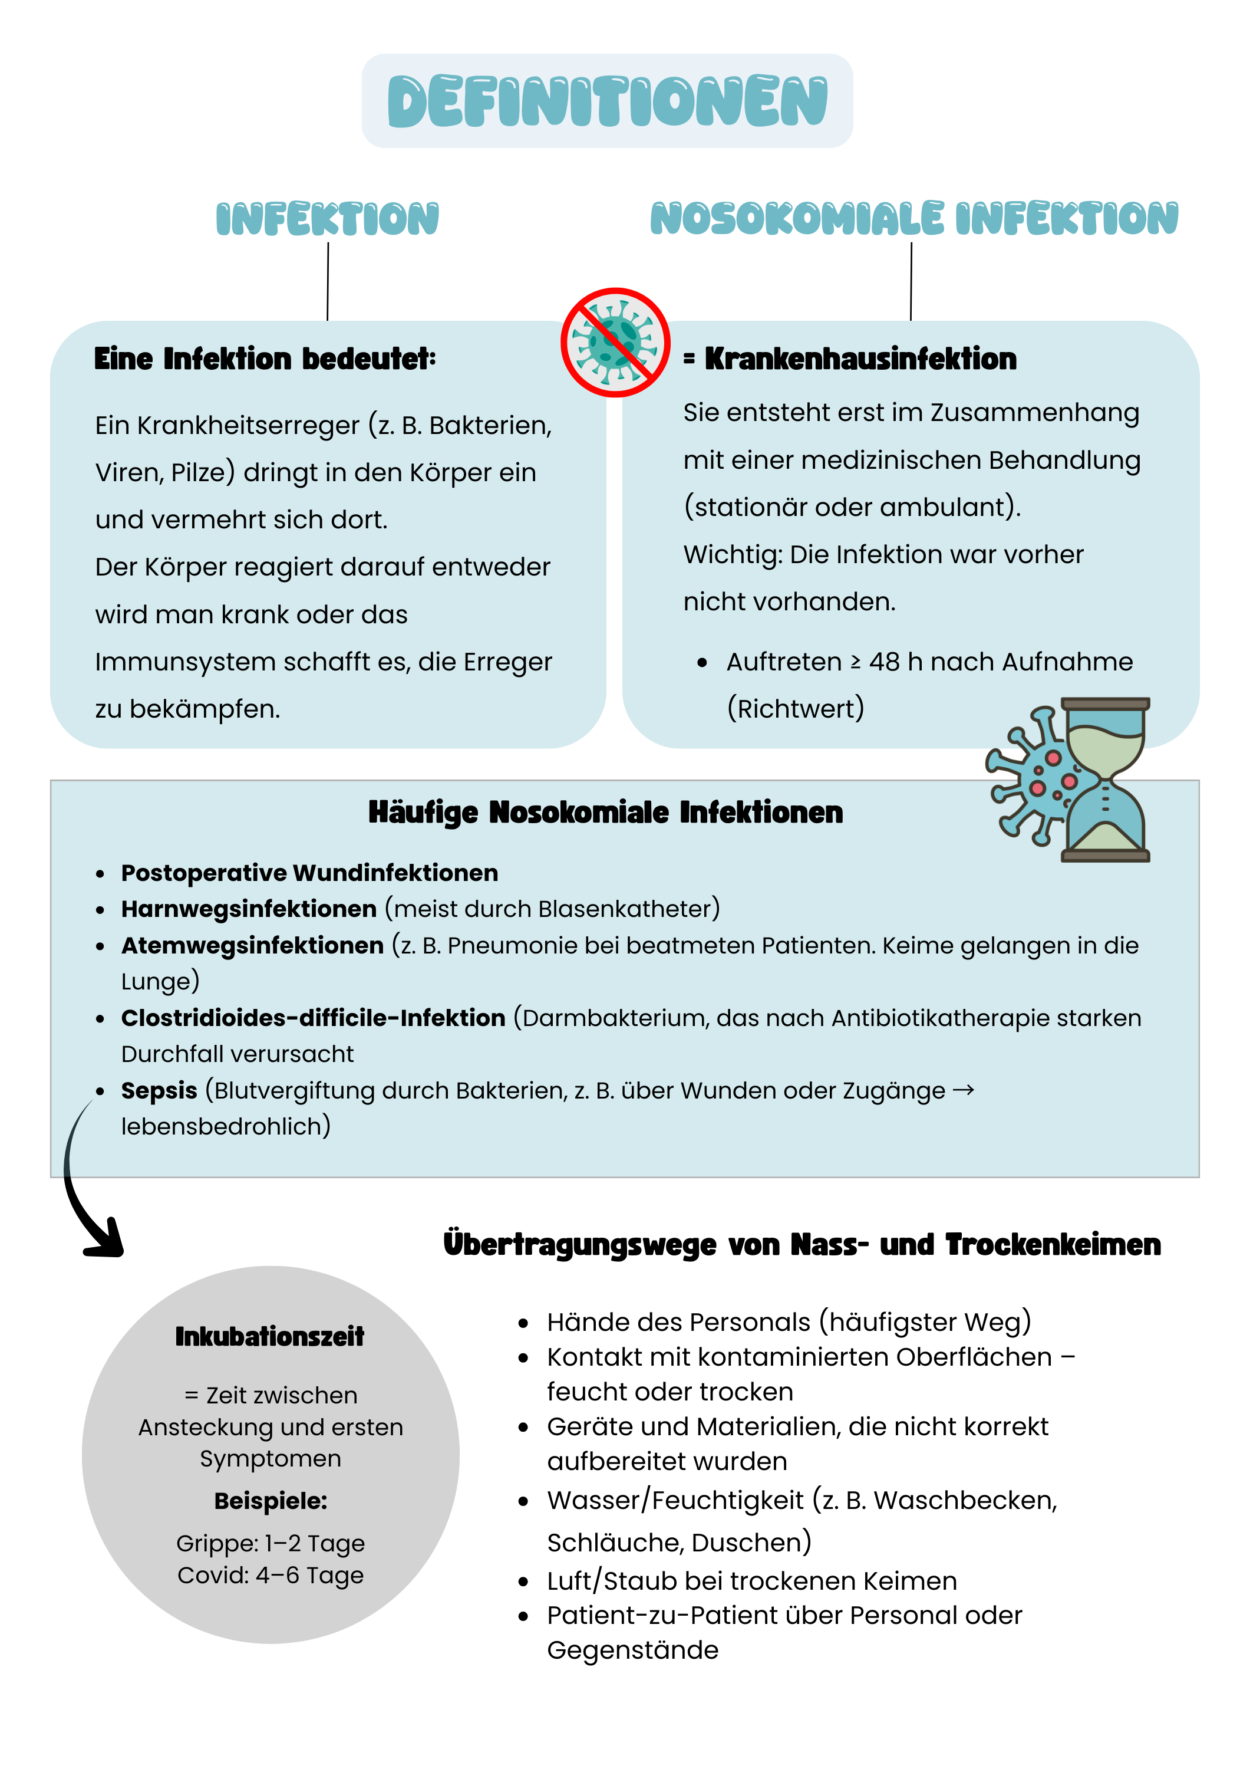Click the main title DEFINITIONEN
point(607,101)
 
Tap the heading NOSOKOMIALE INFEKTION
point(913,218)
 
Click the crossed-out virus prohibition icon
point(615,343)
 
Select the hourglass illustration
point(1105,780)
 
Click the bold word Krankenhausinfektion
point(860,359)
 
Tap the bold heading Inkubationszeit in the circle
point(269,1337)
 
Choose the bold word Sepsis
point(159,1090)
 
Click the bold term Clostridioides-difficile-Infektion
point(313,1018)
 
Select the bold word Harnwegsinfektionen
point(249,909)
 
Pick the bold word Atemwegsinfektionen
point(252,945)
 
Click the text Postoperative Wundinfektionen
point(309,873)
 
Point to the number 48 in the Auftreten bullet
point(884,662)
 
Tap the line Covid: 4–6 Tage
point(271,1575)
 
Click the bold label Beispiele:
point(271,1501)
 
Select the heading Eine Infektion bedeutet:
point(265,359)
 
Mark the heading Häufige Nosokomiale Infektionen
point(605,812)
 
